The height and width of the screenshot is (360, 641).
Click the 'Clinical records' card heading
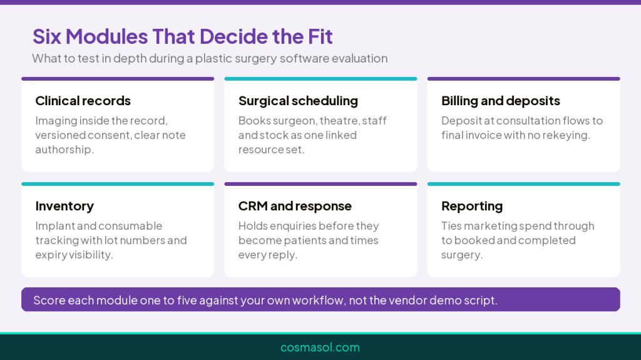pos(83,101)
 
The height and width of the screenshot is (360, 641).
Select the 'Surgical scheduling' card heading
pos(298,101)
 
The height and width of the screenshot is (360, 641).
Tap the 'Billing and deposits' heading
pos(501,101)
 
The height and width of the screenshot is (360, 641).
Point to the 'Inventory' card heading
pos(64,206)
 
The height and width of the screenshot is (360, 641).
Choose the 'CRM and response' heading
pos(295,206)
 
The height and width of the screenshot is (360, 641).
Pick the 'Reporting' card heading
pos(472,206)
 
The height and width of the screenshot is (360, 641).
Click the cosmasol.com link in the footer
pos(320,347)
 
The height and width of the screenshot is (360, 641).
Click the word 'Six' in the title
pos(47,36)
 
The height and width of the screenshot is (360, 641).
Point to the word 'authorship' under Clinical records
pos(63,150)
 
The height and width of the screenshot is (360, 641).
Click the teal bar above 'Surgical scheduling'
pos(320,78)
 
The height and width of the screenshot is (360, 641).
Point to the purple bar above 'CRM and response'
pos(320,184)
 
